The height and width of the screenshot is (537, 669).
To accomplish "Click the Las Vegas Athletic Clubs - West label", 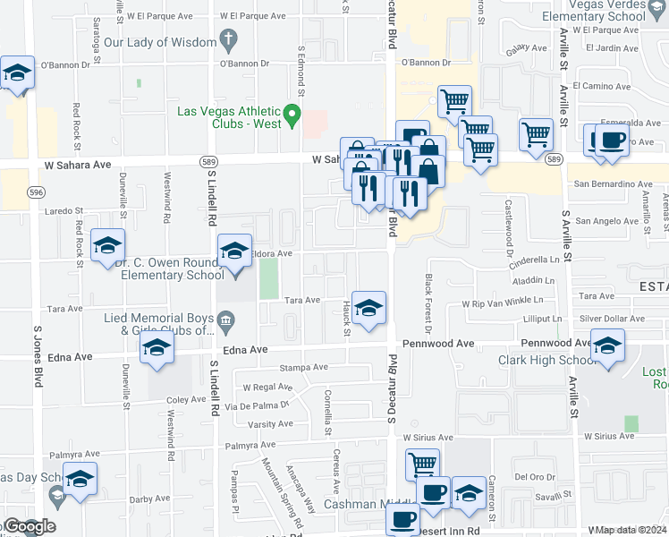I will (230, 117).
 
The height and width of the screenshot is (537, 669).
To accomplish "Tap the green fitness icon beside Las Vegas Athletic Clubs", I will (292, 115).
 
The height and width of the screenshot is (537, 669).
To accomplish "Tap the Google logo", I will (28, 526).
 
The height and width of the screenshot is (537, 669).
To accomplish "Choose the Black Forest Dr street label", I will (428, 304).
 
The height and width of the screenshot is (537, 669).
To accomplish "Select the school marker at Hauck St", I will (368, 309).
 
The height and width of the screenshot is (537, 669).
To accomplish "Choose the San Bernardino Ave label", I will (613, 183).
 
